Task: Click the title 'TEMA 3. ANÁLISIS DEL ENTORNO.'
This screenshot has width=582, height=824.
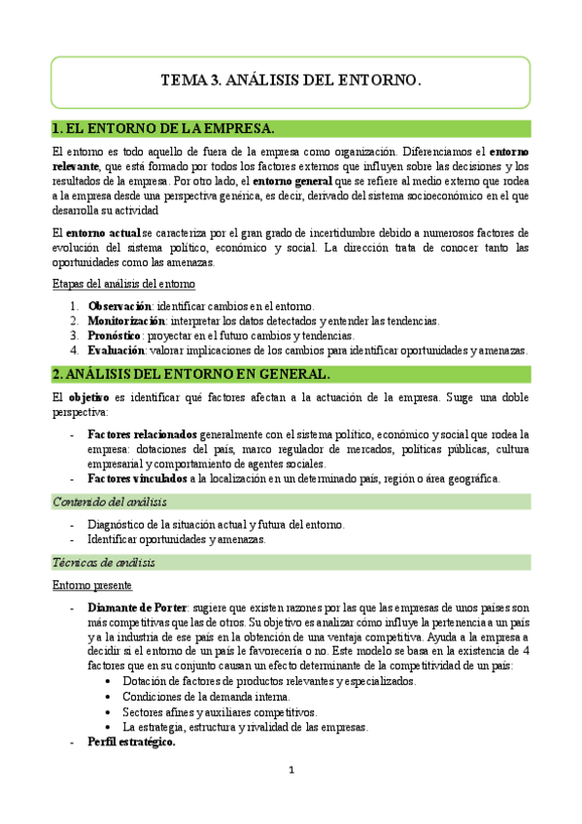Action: click(291, 83)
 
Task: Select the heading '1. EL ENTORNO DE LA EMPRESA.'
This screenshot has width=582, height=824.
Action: click(163, 128)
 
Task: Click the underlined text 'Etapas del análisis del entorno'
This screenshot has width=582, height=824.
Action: click(123, 284)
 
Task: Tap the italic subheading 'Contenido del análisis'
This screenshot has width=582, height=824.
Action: click(109, 501)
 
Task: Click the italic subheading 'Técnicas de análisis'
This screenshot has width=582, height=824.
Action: click(104, 563)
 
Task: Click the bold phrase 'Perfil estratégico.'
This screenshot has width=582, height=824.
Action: click(131, 742)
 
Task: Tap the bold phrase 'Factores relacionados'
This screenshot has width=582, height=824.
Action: click(142, 433)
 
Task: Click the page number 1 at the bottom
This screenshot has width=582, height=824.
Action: click(291, 771)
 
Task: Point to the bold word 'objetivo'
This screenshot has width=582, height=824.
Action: click(88, 396)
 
